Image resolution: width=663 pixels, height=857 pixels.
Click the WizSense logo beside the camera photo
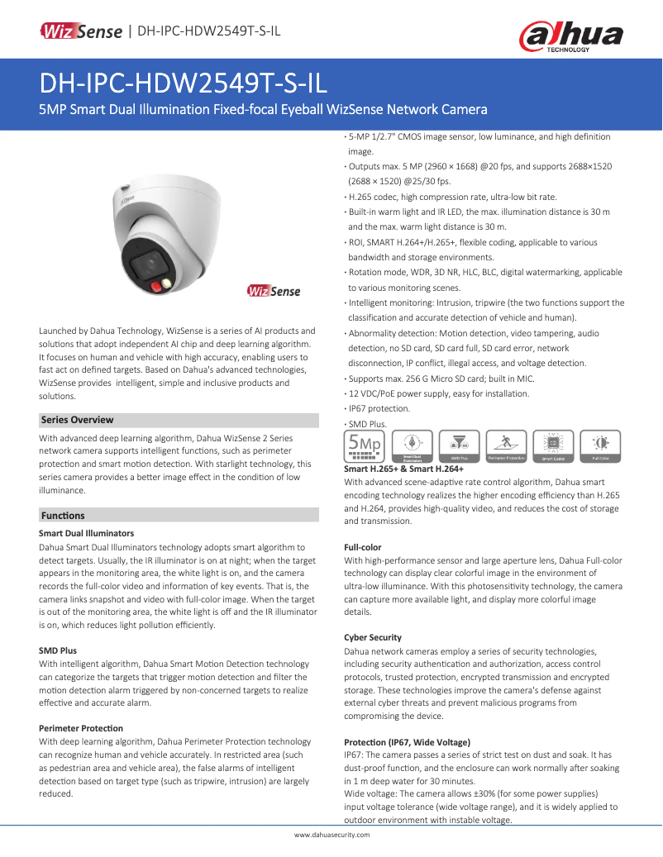(x=274, y=291)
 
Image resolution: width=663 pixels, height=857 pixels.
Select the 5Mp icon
(x=364, y=445)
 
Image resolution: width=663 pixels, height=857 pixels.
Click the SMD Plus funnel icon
(x=459, y=445)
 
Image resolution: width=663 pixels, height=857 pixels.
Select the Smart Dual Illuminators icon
(x=412, y=445)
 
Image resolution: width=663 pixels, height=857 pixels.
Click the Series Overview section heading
(x=78, y=420)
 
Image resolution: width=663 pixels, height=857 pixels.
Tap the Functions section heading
(x=63, y=516)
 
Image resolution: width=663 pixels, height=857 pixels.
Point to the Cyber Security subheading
(x=373, y=637)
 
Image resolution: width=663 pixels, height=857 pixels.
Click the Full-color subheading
(x=363, y=547)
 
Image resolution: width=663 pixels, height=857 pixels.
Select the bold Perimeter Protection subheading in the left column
(x=81, y=728)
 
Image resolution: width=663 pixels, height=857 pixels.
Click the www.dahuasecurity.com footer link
(x=331, y=836)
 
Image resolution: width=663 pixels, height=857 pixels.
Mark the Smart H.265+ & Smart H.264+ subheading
(x=403, y=469)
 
